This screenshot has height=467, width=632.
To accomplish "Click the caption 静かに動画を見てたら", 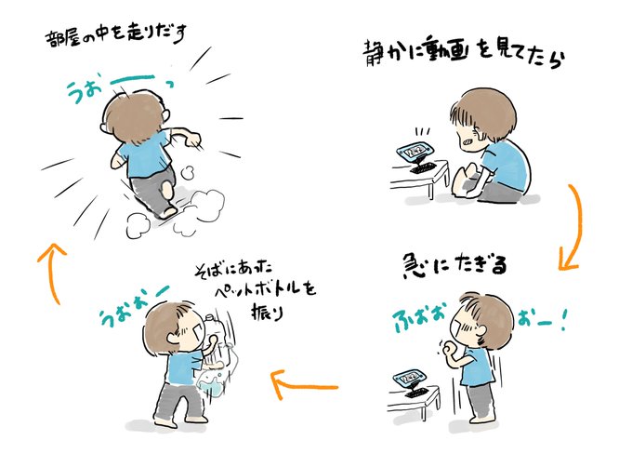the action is point(464,54).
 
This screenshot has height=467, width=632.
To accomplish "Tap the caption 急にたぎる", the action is point(454,265).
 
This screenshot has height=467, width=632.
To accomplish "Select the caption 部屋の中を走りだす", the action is point(115,35).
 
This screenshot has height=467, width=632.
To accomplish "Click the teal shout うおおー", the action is point(135,304).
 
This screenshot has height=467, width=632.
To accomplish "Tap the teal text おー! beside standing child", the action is point(542,320).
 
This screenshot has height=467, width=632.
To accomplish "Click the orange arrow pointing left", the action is point(304,386).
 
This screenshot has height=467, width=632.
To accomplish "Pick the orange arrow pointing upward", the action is point(52,273).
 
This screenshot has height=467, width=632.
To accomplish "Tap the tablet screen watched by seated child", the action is point(414,152).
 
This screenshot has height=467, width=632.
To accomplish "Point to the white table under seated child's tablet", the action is point(420,179).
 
